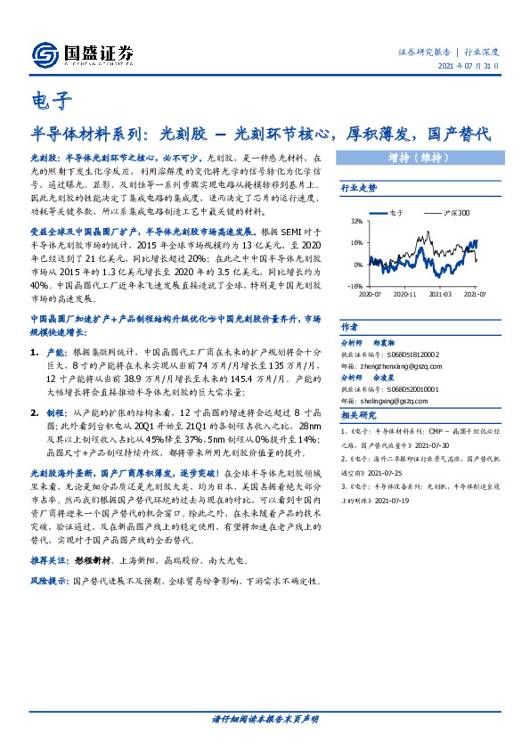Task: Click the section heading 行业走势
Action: (x=359, y=189)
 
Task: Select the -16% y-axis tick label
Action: (x=355, y=287)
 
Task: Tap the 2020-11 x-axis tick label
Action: (x=405, y=293)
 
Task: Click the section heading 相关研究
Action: (x=359, y=415)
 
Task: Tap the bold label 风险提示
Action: (x=50, y=581)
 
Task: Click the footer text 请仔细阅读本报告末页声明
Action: (x=265, y=719)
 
